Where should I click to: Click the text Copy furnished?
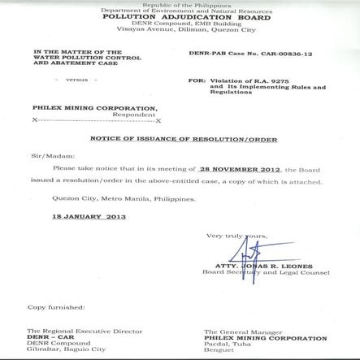(55, 307)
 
